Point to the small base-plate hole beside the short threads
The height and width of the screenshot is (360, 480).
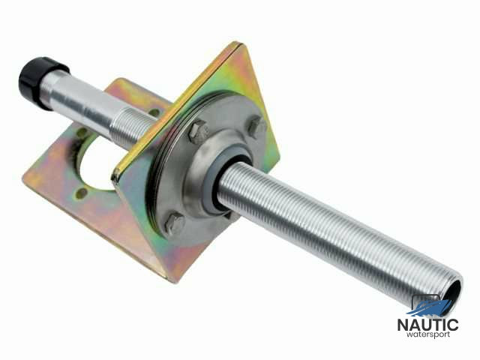point(154,112)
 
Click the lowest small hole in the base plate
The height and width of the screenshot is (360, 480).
point(82,192)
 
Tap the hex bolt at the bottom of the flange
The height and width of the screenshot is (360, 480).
point(175,223)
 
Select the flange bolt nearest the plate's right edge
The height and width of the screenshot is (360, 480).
point(256,126)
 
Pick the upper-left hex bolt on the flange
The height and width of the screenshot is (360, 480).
point(198,131)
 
